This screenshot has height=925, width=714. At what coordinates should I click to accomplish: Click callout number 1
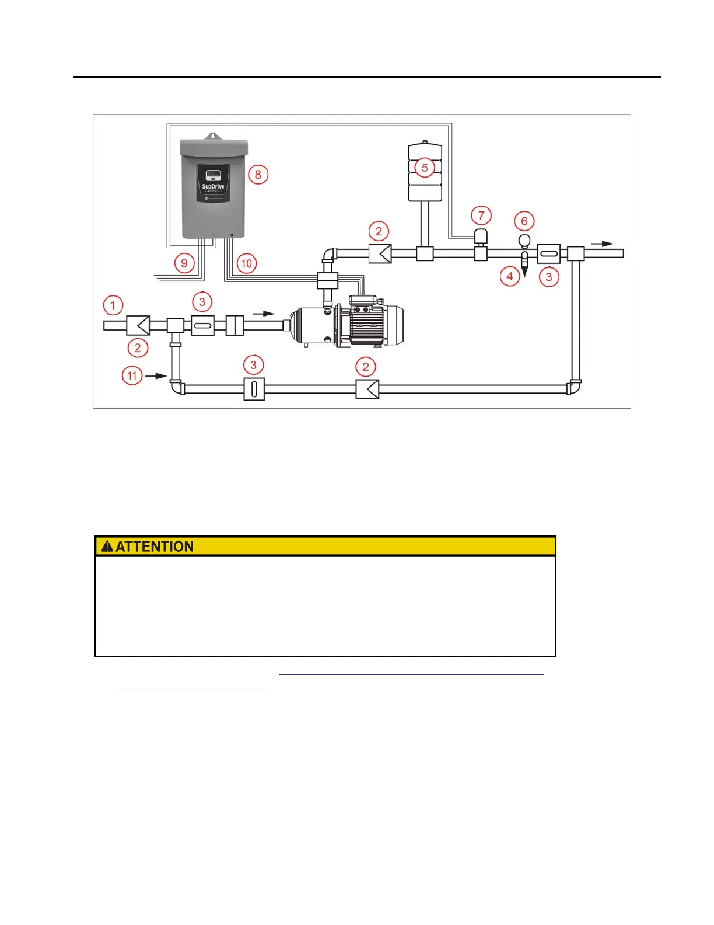[113, 305]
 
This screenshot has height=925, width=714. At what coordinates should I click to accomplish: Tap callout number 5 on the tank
[425, 168]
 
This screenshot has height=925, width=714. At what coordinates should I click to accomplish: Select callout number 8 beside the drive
[258, 174]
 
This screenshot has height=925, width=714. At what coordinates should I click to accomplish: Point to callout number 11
[132, 375]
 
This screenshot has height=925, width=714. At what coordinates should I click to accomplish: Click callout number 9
[184, 263]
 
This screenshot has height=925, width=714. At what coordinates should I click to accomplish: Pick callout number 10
[247, 263]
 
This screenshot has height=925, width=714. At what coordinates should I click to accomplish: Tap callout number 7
[481, 215]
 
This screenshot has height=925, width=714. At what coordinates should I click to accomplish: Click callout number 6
[524, 221]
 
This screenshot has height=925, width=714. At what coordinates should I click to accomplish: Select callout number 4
[510, 276]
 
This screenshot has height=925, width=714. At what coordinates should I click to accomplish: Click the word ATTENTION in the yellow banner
[155, 547]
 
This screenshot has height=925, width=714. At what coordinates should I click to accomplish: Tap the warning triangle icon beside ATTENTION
[107, 547]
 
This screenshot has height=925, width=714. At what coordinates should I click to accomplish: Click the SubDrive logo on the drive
[213, 188]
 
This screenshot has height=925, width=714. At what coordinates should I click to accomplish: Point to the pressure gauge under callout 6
[524, 240]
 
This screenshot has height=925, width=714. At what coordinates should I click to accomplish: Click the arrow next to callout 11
[156, 376]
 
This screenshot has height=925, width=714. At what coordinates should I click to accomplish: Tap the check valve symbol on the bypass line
[367, 389]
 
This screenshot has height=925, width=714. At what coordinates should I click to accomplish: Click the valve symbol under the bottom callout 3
[254, 389]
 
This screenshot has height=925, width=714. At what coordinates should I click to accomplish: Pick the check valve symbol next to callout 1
[138, 325]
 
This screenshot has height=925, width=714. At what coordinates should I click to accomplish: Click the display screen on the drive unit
[213, 175]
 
